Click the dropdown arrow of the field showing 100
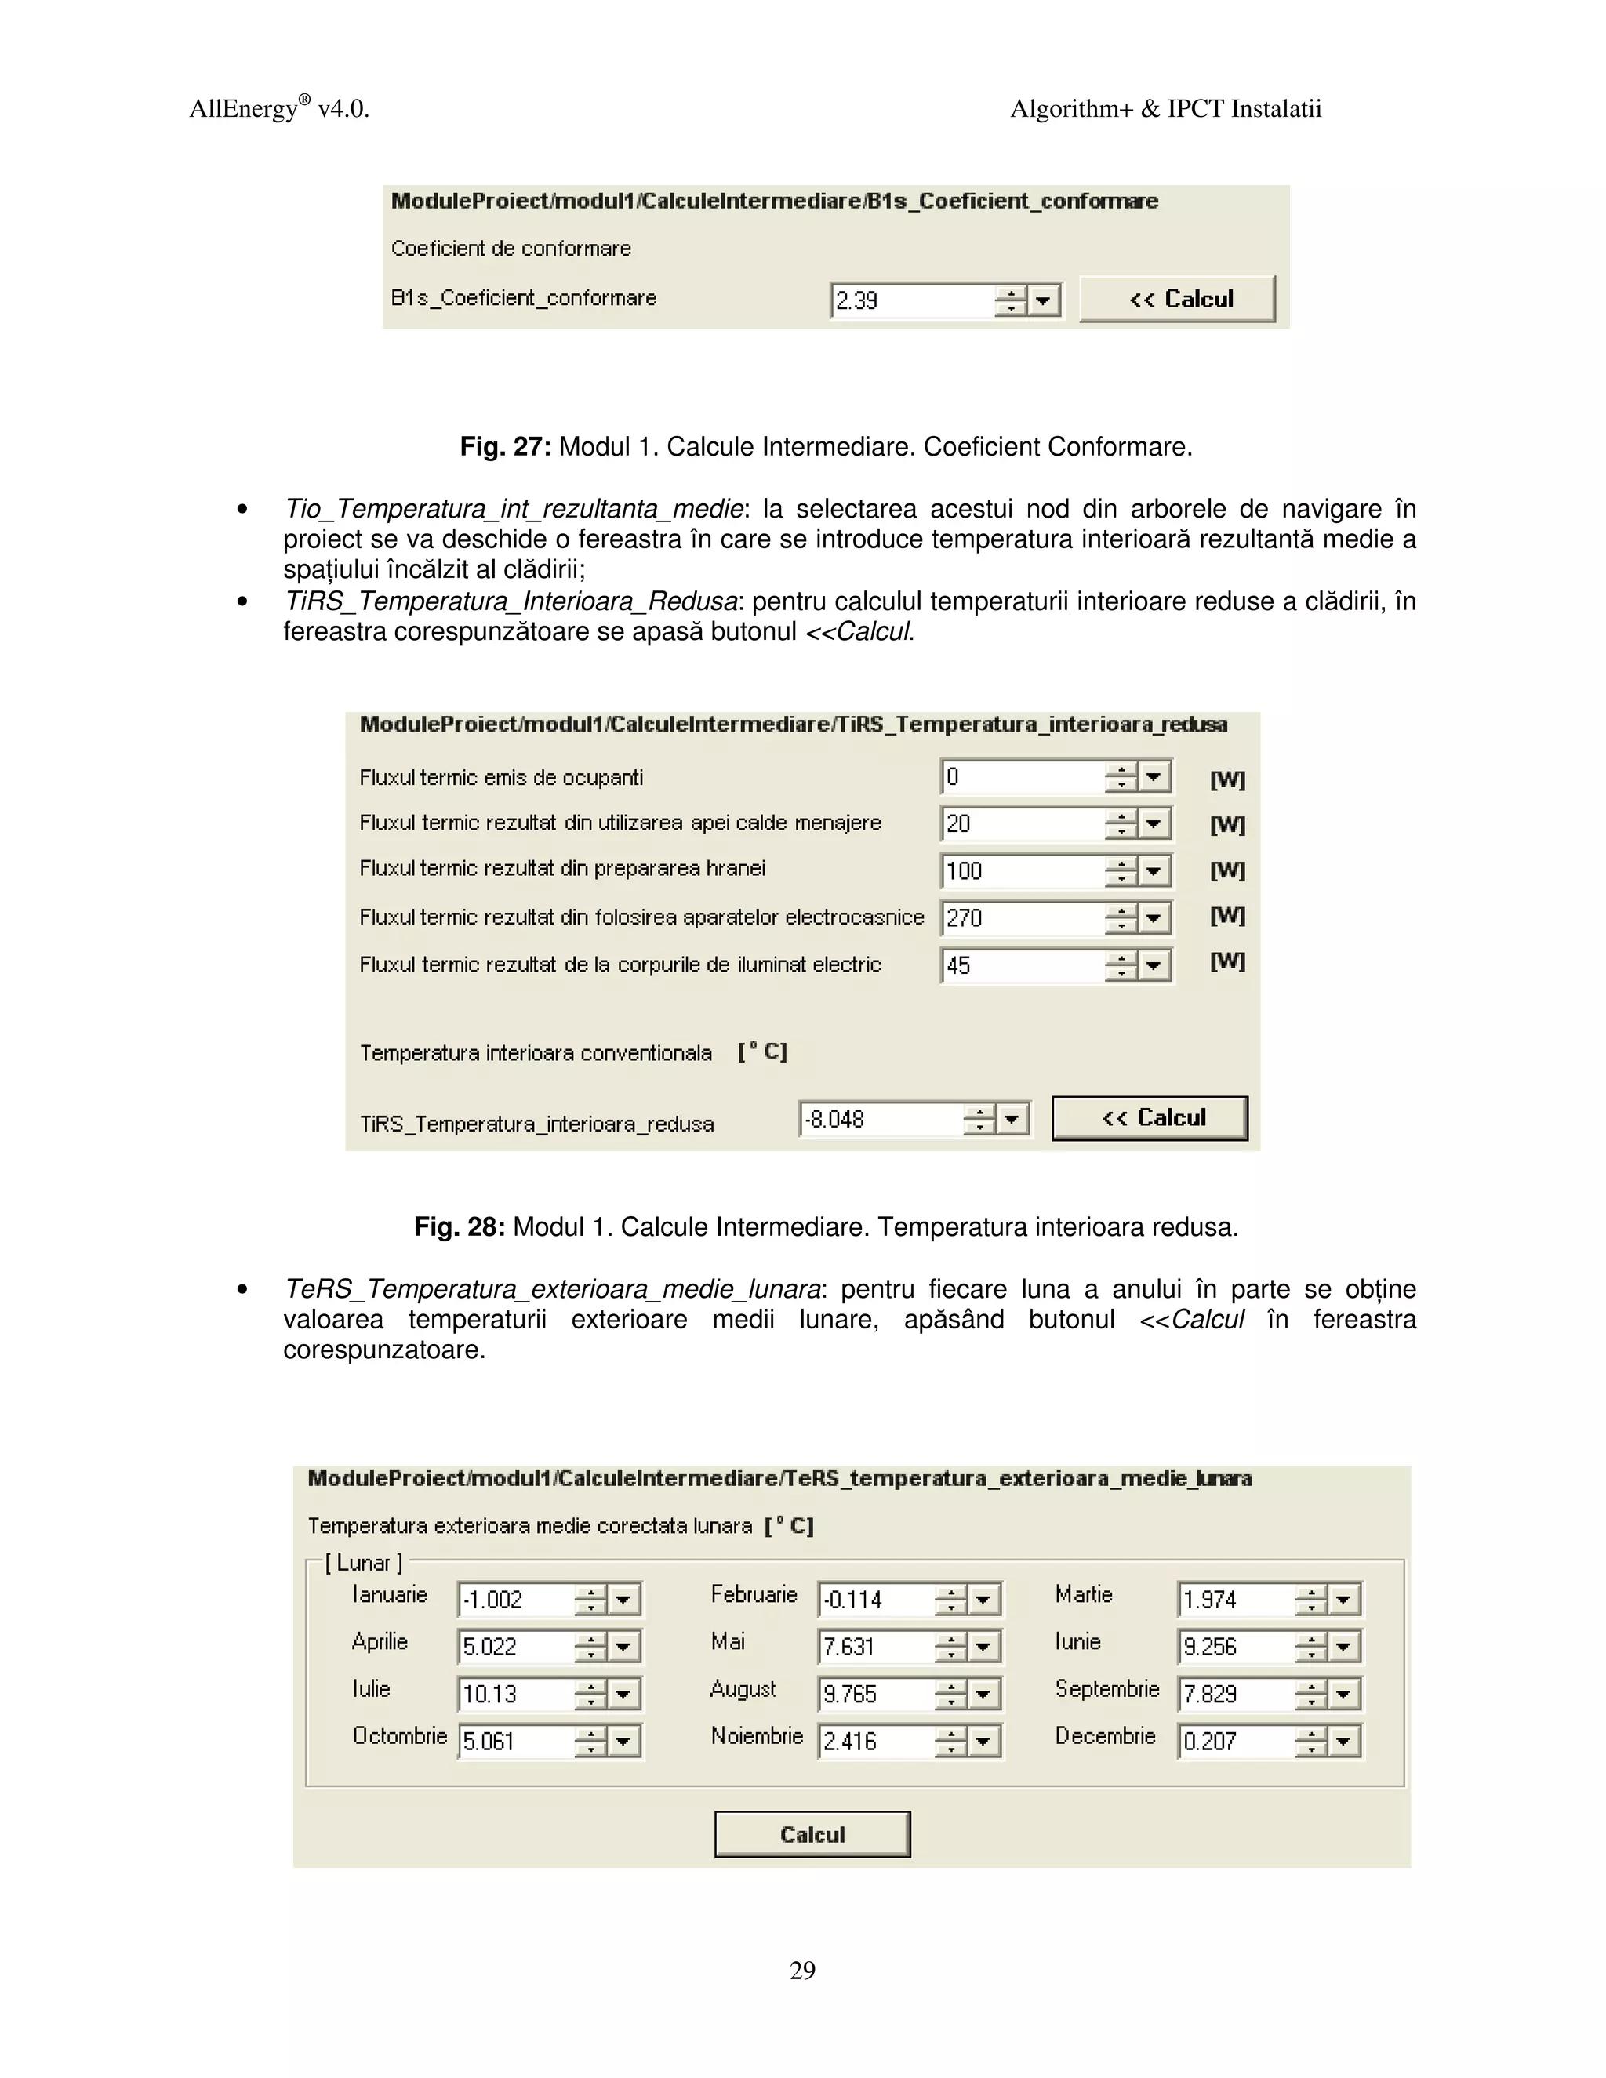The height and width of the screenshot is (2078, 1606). pyautogui.click(x=1154, y=870)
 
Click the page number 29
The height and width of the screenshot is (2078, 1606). pyautogui.click(x=802, y=1970)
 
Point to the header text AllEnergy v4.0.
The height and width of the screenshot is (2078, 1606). pyautogui.click(x=278, y=108)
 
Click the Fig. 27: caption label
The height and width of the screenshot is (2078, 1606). pyautogui.click(x=505, y=446)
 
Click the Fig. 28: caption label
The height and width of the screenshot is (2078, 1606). pyautogui.click(x=460, y=1226)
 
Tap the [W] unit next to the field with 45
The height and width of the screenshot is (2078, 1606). pyautogui.click(x=1226, y=962)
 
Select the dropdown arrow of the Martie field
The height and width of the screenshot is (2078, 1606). pyautogui.click(x=1343, y=1600)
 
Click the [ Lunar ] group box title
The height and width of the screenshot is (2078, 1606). pyautogui.click(x=363, y=1562)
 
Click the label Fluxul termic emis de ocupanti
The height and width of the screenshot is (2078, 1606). pyautogui.click(x=500, y=777)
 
